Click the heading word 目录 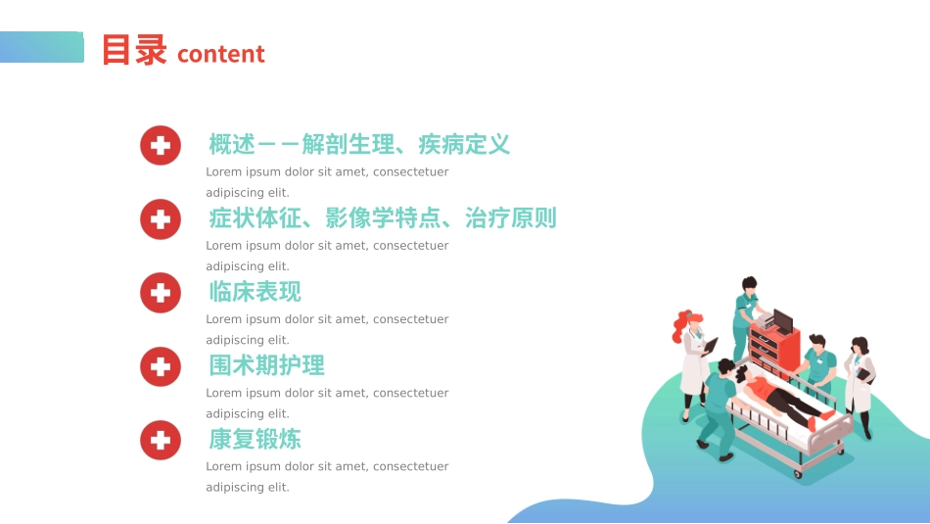coord(134,51)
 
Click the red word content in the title coord(220,54)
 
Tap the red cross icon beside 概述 coord(161,145)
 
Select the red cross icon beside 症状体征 coord(161,218)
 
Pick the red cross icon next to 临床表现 coord(161,292)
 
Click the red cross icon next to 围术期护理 coord(161,366)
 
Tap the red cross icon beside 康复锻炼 coord(161,440)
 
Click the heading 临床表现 coord(255,292)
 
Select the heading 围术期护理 coord(266,365)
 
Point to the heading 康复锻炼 coord(255,439)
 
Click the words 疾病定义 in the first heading coord(464,145)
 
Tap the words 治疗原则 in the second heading coord(511,218)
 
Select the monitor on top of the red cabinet coord(783,320)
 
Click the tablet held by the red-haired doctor coord(710,346)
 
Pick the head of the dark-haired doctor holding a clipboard coord(859,347)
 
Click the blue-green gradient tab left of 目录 coord(41,47)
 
